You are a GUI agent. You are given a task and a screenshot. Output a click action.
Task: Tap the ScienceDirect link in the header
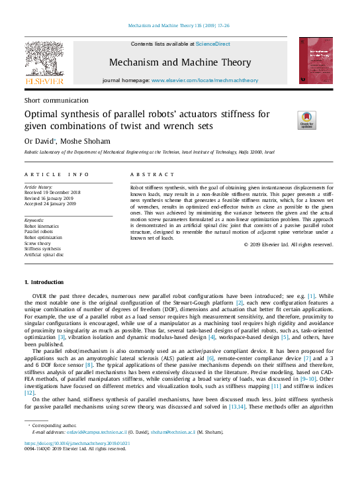[212, 44]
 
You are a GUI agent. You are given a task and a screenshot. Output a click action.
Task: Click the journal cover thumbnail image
[315, 60]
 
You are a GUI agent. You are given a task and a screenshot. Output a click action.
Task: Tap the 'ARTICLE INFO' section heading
[57, 174]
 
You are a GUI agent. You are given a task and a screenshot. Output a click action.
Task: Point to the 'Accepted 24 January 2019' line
[51, 204]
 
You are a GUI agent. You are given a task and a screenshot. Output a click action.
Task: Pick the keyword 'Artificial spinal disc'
[44, 254]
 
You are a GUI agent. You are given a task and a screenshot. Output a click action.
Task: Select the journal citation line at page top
[179, 27]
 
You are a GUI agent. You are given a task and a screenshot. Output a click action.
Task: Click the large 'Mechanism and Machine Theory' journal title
[179, 63]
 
